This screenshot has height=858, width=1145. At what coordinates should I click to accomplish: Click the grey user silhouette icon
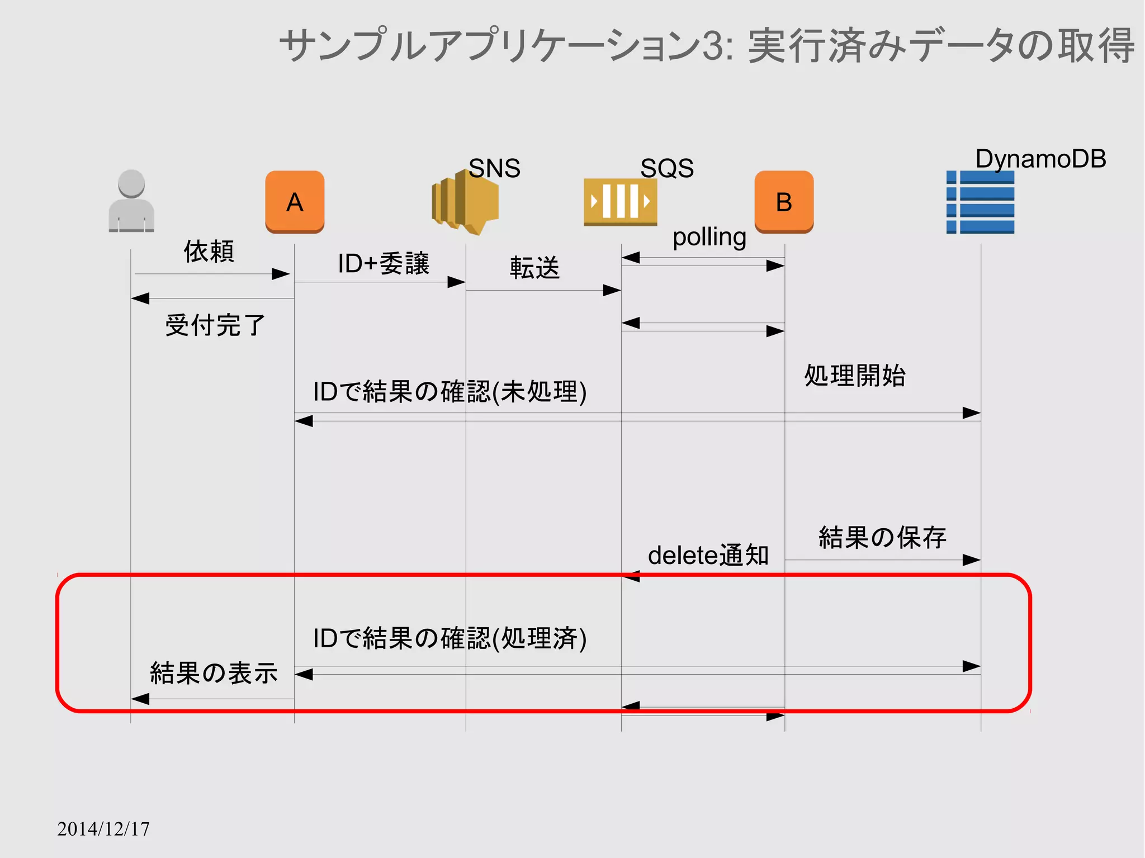tap(131, 201)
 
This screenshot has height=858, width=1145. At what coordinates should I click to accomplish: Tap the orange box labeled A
tap(295, 202)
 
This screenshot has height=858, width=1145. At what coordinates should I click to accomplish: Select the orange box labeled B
tap(784, 202)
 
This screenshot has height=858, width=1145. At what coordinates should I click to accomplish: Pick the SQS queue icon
tap(620, 202)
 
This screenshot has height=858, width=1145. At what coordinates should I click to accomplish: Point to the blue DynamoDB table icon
tap(980, 202)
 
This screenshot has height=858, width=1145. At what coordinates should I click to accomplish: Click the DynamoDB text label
tap(1040, 159)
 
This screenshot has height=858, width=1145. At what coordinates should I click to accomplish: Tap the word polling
tap(709, 237)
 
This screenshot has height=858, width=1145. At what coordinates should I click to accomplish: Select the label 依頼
tap(209, 252)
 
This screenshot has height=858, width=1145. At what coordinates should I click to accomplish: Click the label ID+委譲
tap(384, 264)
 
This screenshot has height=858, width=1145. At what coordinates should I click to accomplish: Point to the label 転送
tap(534, 268)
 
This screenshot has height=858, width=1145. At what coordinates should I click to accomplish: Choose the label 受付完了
tap(215, 325)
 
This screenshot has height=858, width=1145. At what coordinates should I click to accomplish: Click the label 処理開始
tap(855, 376)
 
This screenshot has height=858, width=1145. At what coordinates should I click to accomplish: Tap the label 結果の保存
tap(882, 538)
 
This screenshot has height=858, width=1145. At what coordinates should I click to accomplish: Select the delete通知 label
tap(708, 556)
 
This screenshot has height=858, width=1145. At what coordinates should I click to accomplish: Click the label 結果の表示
tap(214, 673)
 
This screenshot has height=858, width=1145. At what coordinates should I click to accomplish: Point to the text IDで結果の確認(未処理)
tap(450, 392)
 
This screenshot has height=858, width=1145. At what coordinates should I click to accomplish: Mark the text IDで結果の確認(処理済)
tap(450, 638)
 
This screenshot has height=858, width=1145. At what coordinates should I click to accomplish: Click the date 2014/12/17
tap(103, 829)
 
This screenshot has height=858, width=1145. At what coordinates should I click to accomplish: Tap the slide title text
tap(707, 46)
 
